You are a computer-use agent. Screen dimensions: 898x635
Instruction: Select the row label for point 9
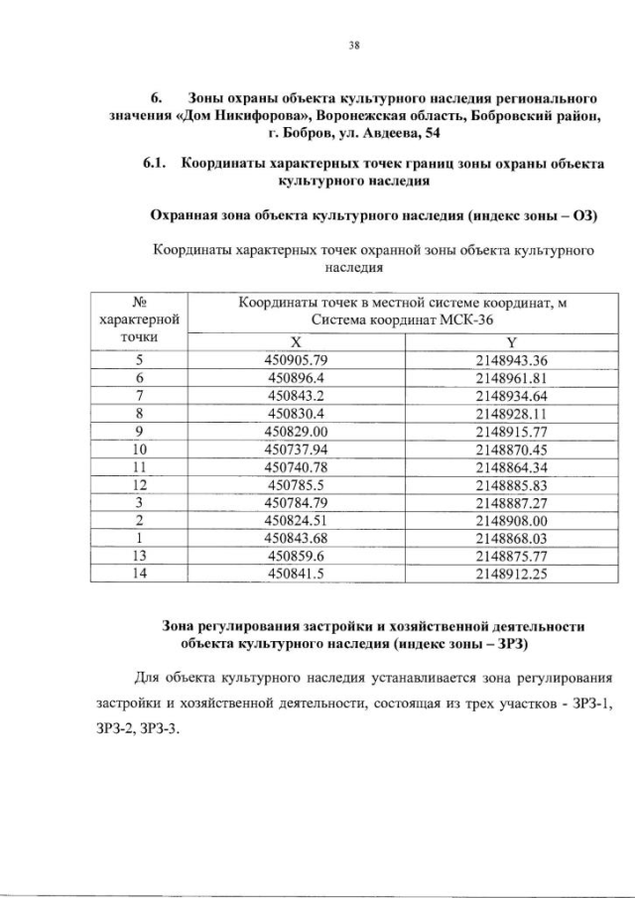[x=140, y=432]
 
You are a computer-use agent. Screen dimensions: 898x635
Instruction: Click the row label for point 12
[x=140, y=485]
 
